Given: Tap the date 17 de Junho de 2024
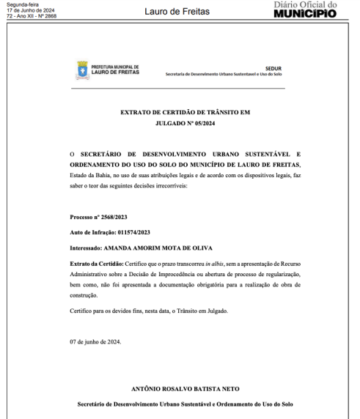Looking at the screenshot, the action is (x=22, y=10).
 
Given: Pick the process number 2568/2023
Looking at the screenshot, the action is (x=111, y=218).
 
